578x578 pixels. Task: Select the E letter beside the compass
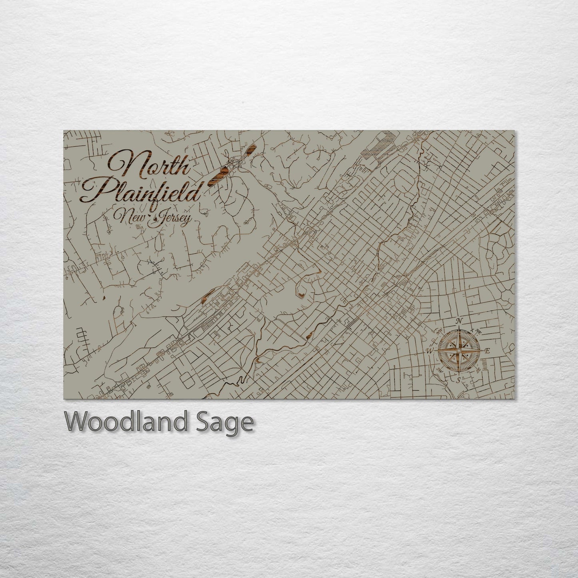click(x=487, y=351)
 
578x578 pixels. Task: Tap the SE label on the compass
click(x=478, y=370)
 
